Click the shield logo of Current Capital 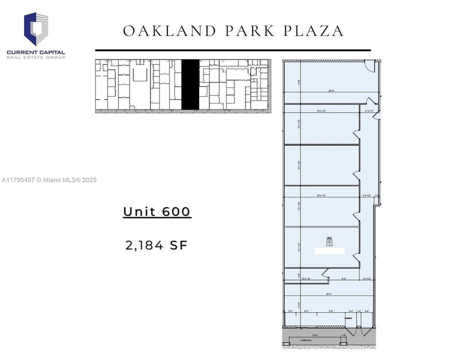[36, 29]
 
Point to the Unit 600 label [157, 211]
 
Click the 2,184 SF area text [156, 245]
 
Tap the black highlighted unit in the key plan [190, 84]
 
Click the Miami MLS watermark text [49, 180]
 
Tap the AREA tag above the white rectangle [329, 240]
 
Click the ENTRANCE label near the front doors [348, 318]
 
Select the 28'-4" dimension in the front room [329, 294]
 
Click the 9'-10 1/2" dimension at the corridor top [370, 110]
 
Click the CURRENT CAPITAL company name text [36, 52]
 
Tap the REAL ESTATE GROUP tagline [36, 57]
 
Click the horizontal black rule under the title [233, 50]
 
